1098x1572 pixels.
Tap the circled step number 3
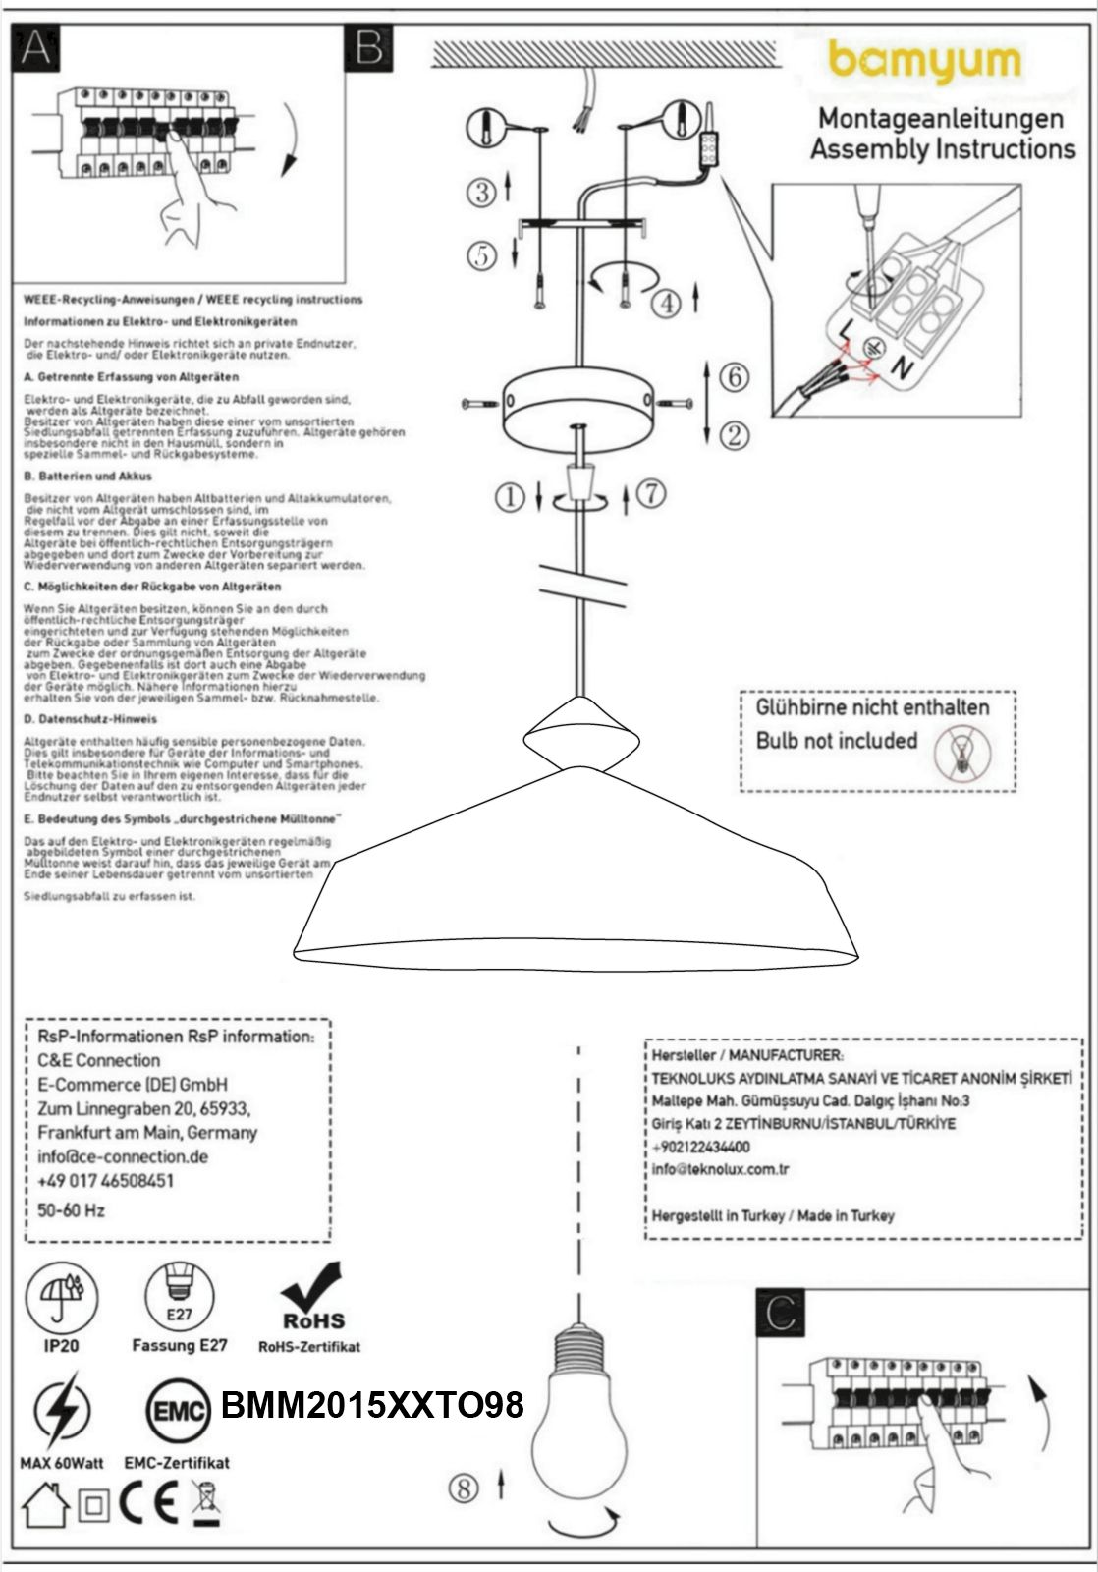coord(482,193)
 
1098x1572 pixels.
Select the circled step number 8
coord(464,1488)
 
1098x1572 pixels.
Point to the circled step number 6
coord(734,376)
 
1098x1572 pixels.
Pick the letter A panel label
coord(33,46)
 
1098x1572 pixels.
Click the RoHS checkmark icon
coord(313,1298)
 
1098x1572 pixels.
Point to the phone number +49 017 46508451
coord(105,1180)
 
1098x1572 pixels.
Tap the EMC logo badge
coord(179,1412)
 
